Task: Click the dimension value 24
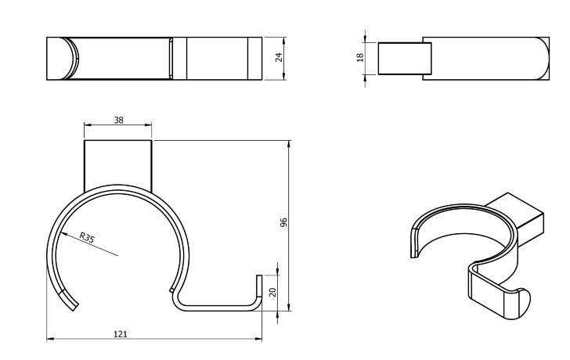click(x=279, y=58)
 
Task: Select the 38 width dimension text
click(x=117, y=120)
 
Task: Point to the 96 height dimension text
click(x=284, y=223)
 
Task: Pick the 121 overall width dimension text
click(x=120, y=334)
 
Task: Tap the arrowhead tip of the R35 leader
click(x=58, y=228)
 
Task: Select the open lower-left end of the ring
click(x=70, y=301)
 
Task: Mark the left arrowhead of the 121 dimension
click(x=49, y=339)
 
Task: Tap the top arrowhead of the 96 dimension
click(x=290, y=142)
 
